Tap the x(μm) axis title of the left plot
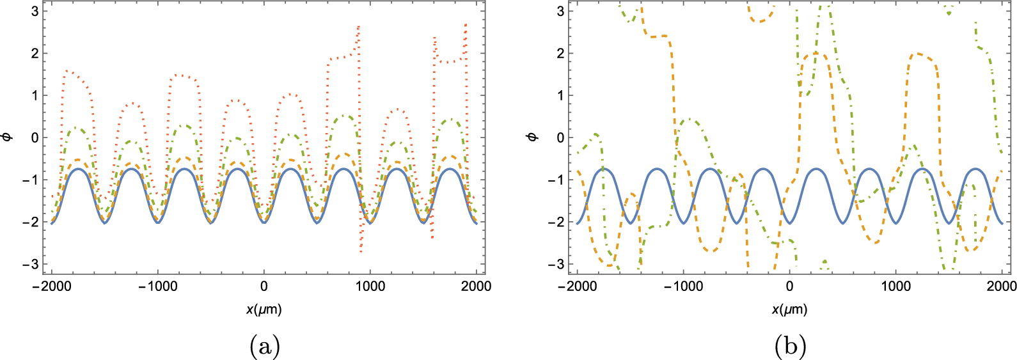pyautogui.click(x=264, y=309)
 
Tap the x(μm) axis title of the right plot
pyautogui.click(x=789, y=309)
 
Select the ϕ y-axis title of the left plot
pyautogui.click(x=8, y=137)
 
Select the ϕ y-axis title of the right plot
pyautogui.click(x=533, y=137)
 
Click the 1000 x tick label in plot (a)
pyautogui.click(x=370, y=286)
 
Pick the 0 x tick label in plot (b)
pyautogui.click(x=790, y=286)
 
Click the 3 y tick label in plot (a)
pyautogui.click(x=35, y=11)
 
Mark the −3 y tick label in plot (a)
pyautogui.click(x=31, y=264)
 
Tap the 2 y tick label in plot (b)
pyautogui.click(x=560, y=53)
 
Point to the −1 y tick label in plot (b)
pyautogui.click(x=556, y=180)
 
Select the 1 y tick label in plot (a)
pyautogui.click(x=35, y=95)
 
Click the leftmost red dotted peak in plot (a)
pyautogui.click(x=68, y=71)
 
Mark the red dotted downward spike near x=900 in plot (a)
pyautogui.click(x=361, y=251)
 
